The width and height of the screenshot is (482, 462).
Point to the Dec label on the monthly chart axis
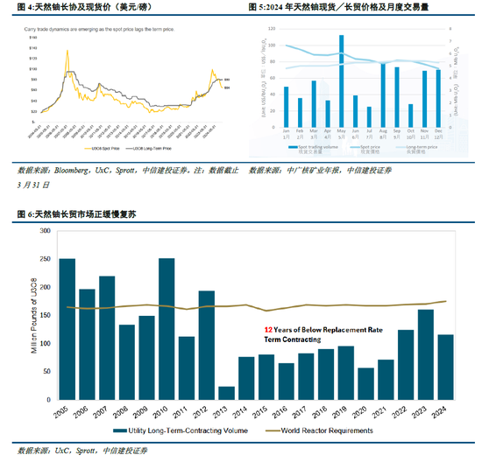(x=438, y=135)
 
